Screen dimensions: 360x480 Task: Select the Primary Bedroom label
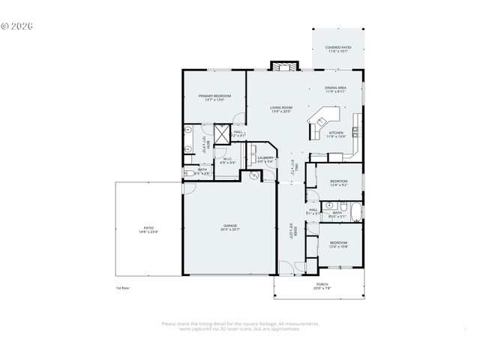pyautogui.click(x=214, y=97)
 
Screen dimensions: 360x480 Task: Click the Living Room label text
pyautogui.click(x=281, y=109)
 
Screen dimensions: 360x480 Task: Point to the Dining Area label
pyautogui.click(x=335, y=90)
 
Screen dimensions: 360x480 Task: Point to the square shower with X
pyautogui.click(x=222, y=135)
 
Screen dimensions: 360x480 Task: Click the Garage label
pyautogui.click(x=229, y=227)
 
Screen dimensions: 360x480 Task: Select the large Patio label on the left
pyautogui.click(x=148, y=229)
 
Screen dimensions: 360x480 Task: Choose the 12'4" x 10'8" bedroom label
pyautogui.click(x=338, y=244)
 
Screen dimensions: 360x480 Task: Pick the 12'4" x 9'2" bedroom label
pyautogui.click(x=338, y=184)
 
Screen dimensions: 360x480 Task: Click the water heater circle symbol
pyautogui.click(x=254, y=175)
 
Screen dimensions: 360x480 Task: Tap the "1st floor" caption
pyautogui.click(x=122, y=288)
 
